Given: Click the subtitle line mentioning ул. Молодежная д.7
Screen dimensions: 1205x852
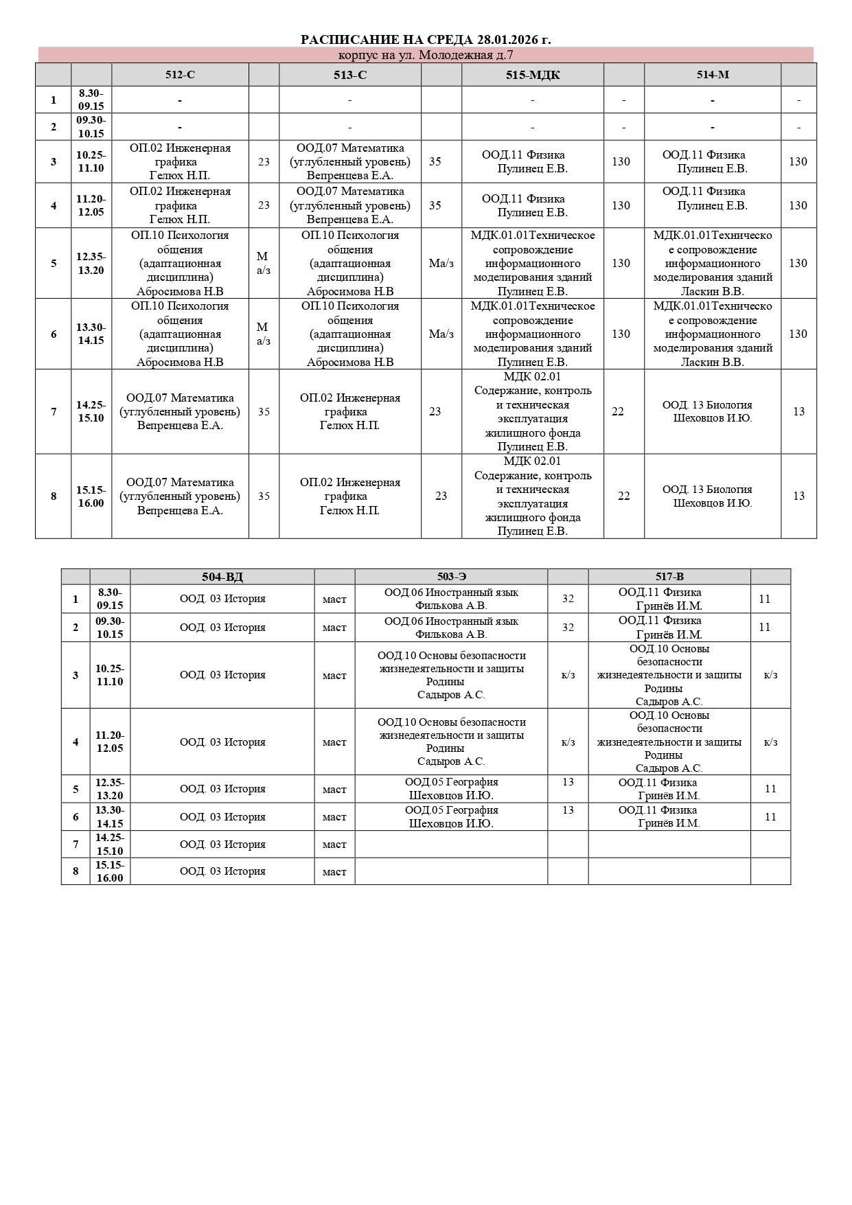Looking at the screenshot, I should click(426, 55).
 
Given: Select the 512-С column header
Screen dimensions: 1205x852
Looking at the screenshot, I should click(180, 75).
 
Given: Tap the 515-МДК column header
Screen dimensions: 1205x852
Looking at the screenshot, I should click(533, 75).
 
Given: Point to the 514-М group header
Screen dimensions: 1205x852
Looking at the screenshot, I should click(713, 75).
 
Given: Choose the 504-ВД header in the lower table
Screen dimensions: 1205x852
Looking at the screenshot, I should click(222, 577).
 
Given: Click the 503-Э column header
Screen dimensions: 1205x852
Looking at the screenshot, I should click(451, 577).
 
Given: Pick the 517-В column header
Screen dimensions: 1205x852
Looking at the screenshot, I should click(669, 577).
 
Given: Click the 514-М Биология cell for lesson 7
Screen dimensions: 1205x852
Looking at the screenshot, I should click(713, 411).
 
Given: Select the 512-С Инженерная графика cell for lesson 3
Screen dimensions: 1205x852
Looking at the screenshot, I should click(180, 162).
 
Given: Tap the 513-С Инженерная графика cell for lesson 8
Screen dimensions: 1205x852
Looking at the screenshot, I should click(350, 496).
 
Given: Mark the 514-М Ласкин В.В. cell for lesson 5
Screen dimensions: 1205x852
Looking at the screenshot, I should click(713, 263).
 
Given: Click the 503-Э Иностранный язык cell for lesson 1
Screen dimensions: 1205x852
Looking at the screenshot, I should click(451, 599).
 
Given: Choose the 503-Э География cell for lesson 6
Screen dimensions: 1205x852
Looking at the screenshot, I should click(451, 817).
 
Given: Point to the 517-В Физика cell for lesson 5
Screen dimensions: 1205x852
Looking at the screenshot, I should click(669, 789).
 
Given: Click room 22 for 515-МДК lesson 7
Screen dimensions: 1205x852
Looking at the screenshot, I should click(618, 411).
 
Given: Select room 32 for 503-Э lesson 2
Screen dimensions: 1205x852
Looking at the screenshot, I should click(568, 628).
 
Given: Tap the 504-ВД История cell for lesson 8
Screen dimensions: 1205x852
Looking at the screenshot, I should click(222, 871).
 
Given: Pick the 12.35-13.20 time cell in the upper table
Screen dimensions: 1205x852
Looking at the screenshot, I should click(91, 263).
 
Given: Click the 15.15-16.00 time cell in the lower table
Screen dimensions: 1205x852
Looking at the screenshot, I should click(110, 871).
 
